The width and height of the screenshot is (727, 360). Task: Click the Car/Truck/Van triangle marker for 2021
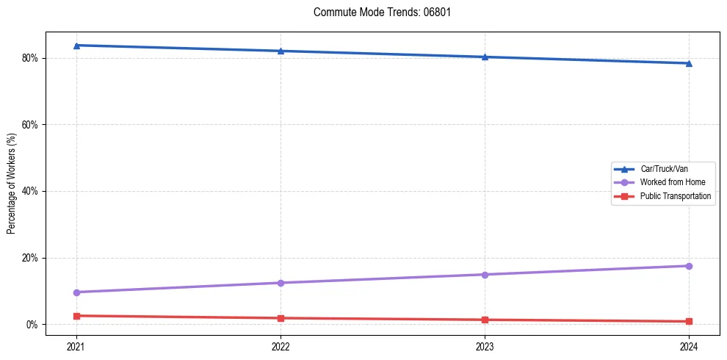(x=76, y=46)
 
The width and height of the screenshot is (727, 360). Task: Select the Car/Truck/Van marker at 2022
(x=281, y=51)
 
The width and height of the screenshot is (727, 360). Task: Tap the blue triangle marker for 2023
(x=485, y=57)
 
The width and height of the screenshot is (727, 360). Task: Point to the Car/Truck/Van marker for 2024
(x=689, y=63)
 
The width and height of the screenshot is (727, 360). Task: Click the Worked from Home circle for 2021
(x=76, y=292)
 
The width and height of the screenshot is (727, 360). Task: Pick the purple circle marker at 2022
(x=281, y=283)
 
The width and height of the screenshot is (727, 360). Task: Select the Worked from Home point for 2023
(x=485, y=275)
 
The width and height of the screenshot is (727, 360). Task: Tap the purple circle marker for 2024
(x=689, y=266)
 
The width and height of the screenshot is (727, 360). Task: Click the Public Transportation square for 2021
(x=76, y=316)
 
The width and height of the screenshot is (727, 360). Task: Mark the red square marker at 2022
(x=281, y=318)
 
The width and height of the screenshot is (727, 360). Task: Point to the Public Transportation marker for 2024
(x=689, y=321)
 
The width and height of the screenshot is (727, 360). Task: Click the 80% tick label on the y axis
(x=30, y=58)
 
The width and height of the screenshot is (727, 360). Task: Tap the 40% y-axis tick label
(x=30, y=191)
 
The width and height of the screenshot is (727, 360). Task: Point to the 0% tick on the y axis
(x=32, y=325)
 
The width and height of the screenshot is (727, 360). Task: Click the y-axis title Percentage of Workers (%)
(x=12, y=184)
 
